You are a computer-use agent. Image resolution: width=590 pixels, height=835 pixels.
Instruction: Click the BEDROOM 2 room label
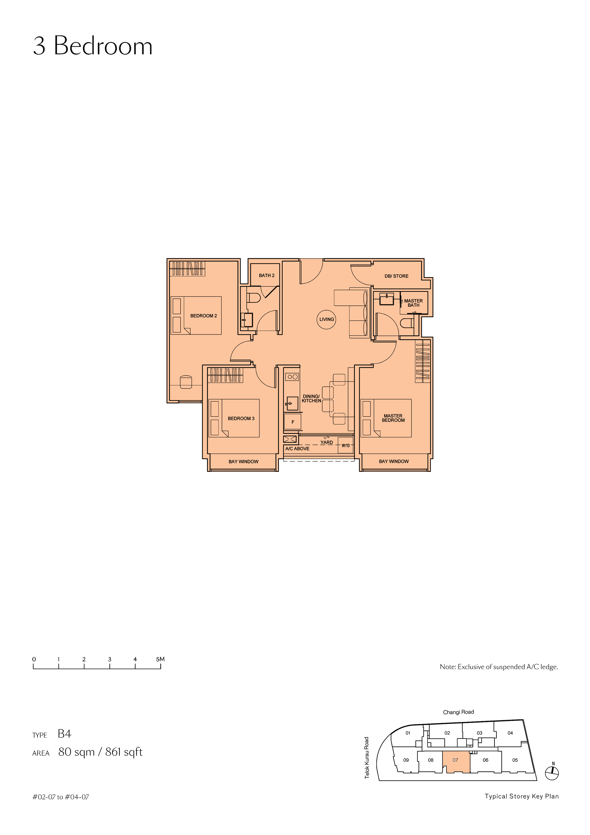tap(204, 316)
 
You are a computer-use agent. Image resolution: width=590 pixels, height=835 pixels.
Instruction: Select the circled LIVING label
tap(326, 319)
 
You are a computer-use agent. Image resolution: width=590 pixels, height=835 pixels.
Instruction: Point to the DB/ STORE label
tap(396, 276)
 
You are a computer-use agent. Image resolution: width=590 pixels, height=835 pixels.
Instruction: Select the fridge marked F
tap(292, 422)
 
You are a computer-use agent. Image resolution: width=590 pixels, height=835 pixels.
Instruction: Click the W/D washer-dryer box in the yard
tap(345, 446)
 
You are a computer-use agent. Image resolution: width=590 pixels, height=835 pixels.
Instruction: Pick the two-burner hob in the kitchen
tap(292, 377)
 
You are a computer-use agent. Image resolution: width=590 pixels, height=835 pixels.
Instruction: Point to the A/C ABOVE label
tap(297, 448)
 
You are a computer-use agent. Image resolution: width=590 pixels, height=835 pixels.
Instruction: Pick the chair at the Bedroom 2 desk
tap(186, 382)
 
